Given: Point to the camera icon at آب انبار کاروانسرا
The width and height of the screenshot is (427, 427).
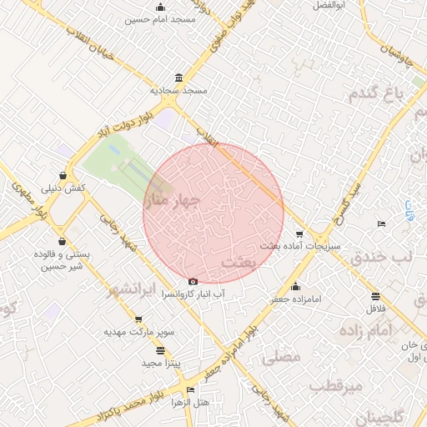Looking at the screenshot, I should click(x=194, y=282).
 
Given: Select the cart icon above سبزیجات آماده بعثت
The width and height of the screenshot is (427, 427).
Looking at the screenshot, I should click(x=299, y=234).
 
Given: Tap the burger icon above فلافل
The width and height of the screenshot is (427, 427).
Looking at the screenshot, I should click(x=375, y=296).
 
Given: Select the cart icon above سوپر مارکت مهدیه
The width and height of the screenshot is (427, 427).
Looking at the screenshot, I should click(x=138, y=319).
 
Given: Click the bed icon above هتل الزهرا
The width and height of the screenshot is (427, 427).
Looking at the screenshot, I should click(x=191, y=389).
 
